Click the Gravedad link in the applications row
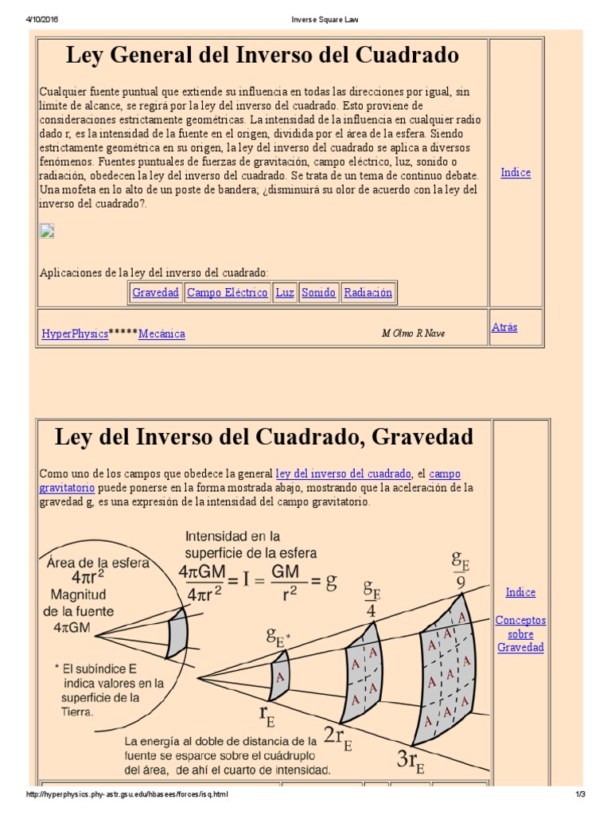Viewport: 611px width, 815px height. [155, 293]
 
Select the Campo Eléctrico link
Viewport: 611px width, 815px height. [227, 293]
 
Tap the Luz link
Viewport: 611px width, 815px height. [285, 293]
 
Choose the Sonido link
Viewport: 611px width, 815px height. [318, 293]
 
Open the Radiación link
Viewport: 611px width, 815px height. [368, 293]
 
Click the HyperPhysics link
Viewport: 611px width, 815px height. [75, 334]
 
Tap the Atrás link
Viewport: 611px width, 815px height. [504, 327]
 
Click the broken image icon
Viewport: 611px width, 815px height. [47, 232]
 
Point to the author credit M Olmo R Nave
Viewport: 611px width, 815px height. [413, 333]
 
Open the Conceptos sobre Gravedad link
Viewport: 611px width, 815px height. [520, 634]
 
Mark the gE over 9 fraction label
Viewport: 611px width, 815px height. [461, 570]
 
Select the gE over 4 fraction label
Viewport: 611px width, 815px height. [372, 599]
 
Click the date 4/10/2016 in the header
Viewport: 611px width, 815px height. [42, 19]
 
